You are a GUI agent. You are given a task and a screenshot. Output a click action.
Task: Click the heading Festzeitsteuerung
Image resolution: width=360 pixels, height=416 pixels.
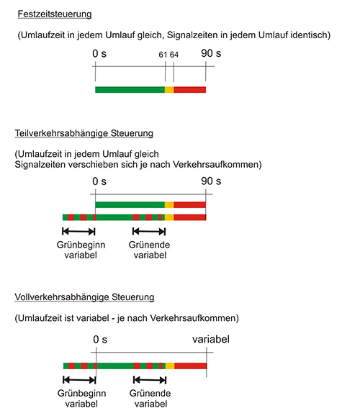[x=55, y=14]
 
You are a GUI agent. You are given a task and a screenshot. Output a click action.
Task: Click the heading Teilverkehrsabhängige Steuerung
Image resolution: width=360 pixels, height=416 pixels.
[x=84, y=133]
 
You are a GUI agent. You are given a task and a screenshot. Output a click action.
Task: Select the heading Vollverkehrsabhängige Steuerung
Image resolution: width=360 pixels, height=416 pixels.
[x=84, y=297]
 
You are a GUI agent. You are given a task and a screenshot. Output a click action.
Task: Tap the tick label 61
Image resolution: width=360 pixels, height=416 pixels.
[x=163, y=55]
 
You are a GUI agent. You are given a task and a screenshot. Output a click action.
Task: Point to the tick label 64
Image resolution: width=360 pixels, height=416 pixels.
[x=174, y=55]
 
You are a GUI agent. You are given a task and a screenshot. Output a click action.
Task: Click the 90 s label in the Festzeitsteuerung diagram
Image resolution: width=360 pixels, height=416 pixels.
[x=211, y=53]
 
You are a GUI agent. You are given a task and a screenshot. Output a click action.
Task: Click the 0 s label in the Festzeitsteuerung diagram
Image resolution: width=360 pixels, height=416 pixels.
[x=99, y=53]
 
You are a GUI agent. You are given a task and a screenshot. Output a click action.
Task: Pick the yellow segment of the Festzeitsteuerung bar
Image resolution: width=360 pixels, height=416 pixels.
[x=169, y=90]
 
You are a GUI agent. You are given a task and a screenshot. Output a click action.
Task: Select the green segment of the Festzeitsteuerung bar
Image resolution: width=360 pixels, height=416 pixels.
[x=130, y=90]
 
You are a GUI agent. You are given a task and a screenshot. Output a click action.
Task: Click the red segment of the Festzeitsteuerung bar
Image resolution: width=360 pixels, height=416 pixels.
[x=190, y=90]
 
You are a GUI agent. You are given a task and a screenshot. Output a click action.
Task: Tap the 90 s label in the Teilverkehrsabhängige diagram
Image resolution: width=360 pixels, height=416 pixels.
[x=211, y=181]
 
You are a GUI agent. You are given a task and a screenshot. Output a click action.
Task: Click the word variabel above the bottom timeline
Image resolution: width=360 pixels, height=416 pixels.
[x=211, y=339]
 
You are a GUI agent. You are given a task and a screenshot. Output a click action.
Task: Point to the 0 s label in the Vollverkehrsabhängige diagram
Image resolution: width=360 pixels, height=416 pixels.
[x=100, y=340]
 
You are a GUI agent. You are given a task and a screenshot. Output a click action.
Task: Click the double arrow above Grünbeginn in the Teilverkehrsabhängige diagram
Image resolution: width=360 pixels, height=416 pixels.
[x=78, y=232]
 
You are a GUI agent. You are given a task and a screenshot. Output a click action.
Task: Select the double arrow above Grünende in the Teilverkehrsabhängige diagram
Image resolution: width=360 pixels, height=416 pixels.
[x=149, y=232]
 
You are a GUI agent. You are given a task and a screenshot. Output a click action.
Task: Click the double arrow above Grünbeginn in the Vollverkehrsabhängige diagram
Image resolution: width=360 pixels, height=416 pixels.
[x=79, y=380]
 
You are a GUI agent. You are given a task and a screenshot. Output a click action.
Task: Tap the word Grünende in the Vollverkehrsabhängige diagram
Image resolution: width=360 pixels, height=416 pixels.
[x=150, y=393]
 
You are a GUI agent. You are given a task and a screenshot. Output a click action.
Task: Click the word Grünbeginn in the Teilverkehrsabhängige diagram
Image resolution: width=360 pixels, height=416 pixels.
[x=81, y=245]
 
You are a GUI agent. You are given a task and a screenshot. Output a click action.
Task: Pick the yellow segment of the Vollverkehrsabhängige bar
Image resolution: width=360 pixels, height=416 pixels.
[x=170, y=366]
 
